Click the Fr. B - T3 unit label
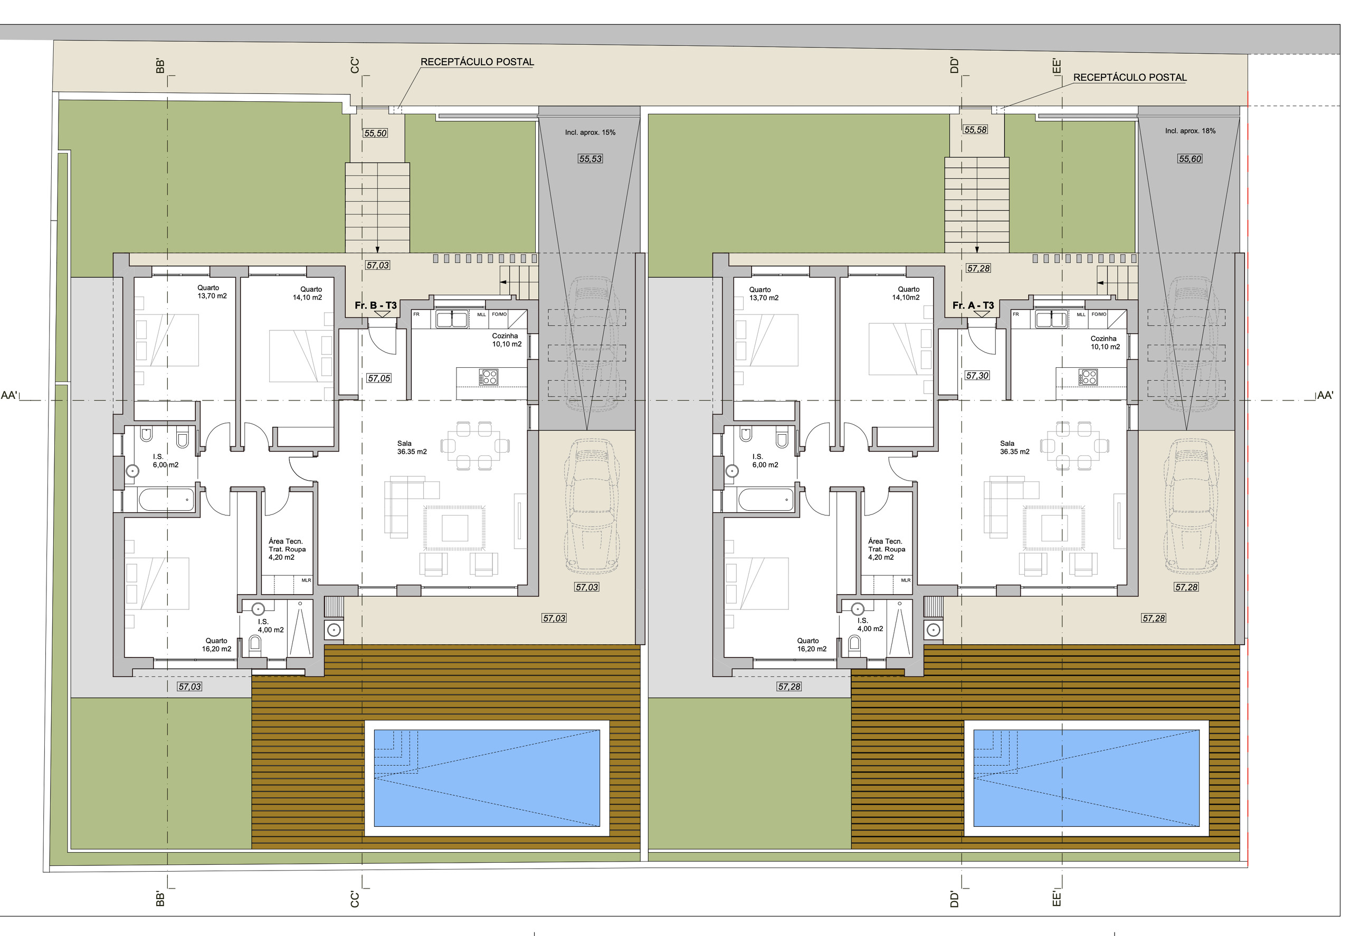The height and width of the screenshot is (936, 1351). pyautogui.click(x=375, y=305)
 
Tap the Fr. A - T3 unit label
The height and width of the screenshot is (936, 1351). pyautogui.click(x=973, y=305)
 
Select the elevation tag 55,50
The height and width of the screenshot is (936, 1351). pyautogui.click(x=375, y=133)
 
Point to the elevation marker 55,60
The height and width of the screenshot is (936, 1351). pyautogui.click(x=1190, y=159)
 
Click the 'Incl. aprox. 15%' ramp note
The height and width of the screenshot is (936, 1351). pyautogui.click(x=590, y=132)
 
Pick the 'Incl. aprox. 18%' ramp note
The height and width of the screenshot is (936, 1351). pyautogui.click(x=1190, y=131)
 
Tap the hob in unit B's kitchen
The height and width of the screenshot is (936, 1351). pyautogui.click(x=488, y=377)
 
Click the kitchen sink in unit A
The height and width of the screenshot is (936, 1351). pyautogui.click(x=1051, y=320)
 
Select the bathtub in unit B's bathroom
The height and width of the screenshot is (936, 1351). pyautogui.click(x=166, y=500)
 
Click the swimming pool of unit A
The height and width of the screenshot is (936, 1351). pyautogui.click(x=1086, y=778)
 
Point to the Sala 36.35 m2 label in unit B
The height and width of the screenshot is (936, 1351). pyautogui.click(x=412, y=447)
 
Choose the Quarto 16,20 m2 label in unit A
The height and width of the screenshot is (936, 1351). pyautogui.click(x=811, y=645)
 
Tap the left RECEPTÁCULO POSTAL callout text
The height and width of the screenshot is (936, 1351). pyautogui.click(x=477, y=62)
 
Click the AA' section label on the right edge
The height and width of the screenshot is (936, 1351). pyautogui.click(x=1325, y=395)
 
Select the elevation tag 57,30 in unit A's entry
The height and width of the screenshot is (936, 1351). pyautogui.click(x=977, y=375)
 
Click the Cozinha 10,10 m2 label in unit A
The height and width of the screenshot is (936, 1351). pyautogui.click(x=1105, y=342)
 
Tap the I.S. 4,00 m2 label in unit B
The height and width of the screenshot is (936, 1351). pyautogui.click(x=270, y=626)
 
